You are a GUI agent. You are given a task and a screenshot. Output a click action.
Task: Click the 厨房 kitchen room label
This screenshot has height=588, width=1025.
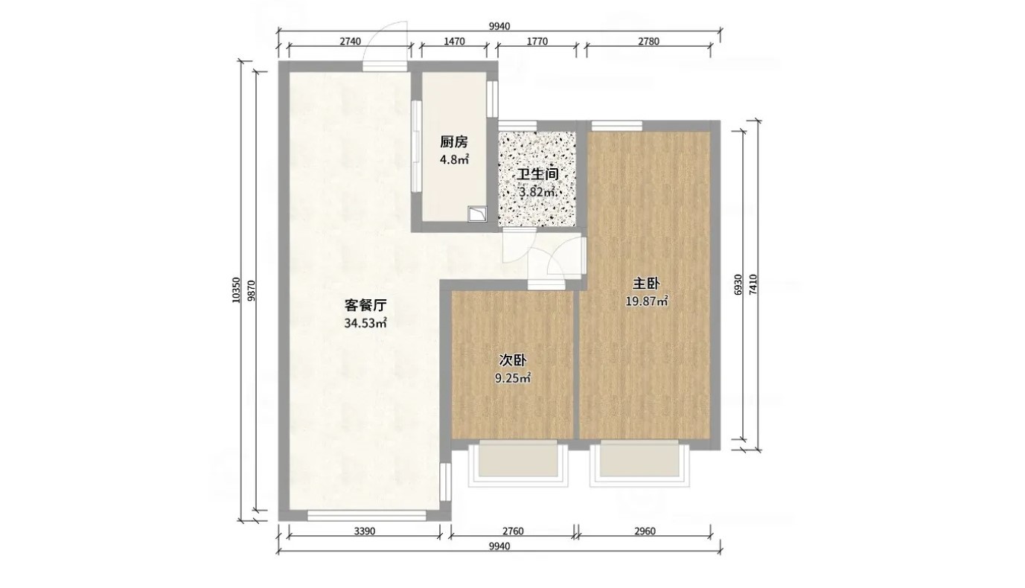click(x=454, y=142)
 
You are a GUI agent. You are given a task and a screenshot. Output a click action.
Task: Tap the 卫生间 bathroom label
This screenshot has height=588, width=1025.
click(x=538, y=174)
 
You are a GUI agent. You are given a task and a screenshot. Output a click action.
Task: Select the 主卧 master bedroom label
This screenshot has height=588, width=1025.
click(x=646, y=284)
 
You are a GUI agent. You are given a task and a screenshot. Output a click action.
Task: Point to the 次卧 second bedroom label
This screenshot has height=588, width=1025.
click(x=512, y=360)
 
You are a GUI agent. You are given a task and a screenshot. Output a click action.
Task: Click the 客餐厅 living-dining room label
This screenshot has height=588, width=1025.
click(x=365, y=305)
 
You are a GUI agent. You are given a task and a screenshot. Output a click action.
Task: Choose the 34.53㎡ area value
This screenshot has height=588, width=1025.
click(x=365, y=323)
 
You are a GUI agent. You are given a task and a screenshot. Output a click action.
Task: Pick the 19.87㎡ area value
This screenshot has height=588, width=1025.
click(x=647, y=301)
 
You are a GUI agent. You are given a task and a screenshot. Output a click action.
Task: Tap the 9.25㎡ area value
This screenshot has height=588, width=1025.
click(x=512, y=378)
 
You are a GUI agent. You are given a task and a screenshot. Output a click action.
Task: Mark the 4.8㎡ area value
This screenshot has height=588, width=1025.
click(x=454, y=160)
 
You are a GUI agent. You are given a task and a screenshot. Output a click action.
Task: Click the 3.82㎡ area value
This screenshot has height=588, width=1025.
click(x=538, y=192)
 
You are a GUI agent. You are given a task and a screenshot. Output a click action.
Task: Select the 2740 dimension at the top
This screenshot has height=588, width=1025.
click(x=350, y=41)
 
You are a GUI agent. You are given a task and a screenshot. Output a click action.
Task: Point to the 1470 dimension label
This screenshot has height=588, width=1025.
click(x=454, y=41)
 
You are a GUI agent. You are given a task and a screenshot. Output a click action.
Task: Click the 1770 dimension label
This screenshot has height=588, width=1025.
click(x=537, y=41)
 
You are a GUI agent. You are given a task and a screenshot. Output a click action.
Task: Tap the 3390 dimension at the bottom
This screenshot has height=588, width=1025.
click(x=365, y=531)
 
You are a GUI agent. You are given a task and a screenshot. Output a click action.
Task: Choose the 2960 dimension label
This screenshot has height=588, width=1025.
click(x=645, y=531)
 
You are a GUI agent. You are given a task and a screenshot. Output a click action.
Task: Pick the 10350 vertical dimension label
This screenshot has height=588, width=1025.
click(x=236, y=290)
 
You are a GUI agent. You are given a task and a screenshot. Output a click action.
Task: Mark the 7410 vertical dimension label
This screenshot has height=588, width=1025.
click(x=753, y=284)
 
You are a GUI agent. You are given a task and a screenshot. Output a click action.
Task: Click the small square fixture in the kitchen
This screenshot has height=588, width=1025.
click(x=478, y=214)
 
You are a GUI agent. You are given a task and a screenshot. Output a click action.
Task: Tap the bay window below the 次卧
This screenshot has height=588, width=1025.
click(x=517, y=464)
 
